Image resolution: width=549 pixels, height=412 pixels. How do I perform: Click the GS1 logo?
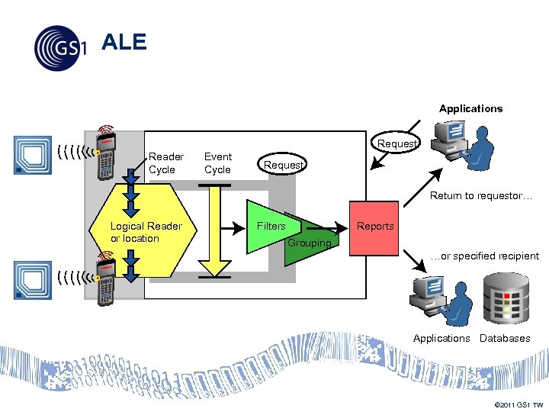coord(60,48)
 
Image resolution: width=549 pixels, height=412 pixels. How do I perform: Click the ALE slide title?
coord(124,43)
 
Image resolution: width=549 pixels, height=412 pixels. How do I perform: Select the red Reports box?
coord(374,228)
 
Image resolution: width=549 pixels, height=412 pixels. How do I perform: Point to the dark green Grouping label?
coord(309,243)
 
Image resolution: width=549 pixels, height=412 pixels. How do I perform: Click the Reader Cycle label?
coord(165,163)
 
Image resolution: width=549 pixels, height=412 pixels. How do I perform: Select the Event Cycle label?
coord(218,163)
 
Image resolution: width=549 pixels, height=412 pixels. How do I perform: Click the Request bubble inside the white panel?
coord(284,165)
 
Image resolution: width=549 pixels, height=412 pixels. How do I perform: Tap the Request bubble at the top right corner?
coord(397,143)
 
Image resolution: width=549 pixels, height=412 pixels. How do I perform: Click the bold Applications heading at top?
coord(470,108)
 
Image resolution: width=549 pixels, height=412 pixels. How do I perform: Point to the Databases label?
coord(505,338)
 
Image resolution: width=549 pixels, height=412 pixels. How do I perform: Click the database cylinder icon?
coord(506,298)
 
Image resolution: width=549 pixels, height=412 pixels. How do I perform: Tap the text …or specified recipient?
coord(483,256)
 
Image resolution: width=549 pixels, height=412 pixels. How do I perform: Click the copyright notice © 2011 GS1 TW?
coord(518,404)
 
